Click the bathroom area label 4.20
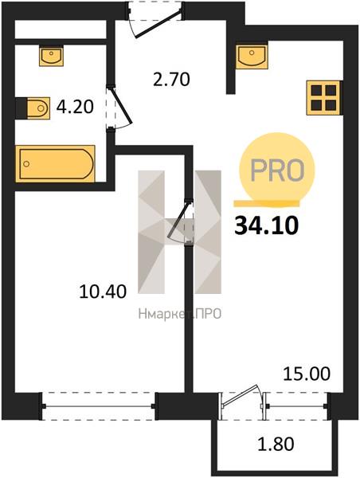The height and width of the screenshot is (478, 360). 75,107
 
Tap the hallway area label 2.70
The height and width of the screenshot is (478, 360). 171,79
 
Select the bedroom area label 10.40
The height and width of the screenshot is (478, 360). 103,292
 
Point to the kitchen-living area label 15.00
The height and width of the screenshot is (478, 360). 307,374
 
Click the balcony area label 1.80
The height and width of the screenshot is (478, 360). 276,444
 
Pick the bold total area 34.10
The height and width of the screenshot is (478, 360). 267,226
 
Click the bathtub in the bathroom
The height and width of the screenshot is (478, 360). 55,163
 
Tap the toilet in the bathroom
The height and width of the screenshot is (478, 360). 33,108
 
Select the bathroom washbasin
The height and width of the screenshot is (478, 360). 51,56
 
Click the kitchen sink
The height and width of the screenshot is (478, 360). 252,57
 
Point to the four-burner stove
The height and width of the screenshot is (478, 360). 324,97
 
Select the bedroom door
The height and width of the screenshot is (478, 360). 181,221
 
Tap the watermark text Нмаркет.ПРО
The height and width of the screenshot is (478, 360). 180,314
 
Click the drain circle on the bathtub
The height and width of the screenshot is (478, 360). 26,163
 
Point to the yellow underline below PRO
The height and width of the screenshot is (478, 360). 267,203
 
